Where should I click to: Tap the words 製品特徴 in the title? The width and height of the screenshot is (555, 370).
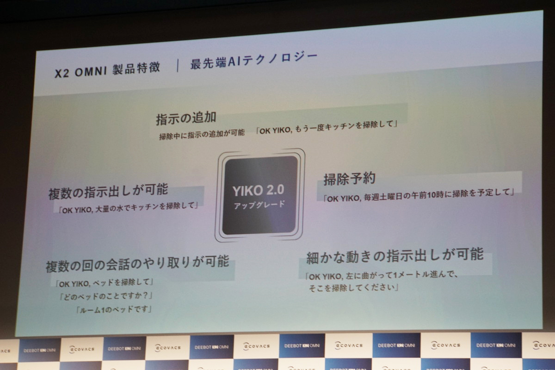pyautogui.click(x=136, y=68)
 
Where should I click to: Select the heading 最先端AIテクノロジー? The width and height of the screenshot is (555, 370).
pyautogui.click(x=254, y=61)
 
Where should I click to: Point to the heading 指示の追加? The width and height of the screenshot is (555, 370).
pyautogui.click(x=186, y=118)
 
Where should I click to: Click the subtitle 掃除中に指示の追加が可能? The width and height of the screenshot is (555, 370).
pyautogui.click(x=202, y=135)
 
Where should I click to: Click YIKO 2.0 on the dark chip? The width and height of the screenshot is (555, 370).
pyautogui.click(x=258, y=191)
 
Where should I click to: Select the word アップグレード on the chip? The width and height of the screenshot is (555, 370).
pyautogui.click(x=259, y=205)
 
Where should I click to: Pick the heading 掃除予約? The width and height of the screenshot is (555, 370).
pyautogui.click(x=350, y=179)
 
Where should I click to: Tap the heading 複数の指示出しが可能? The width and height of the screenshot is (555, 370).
pyautogui.click(x=108, y=191)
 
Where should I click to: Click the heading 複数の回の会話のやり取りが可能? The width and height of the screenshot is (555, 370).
pyautogui.click(x=137, y=264)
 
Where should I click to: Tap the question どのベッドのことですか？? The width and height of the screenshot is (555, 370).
pyautogui.click(x=106, y=296)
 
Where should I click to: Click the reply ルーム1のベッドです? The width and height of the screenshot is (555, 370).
pyautogui.click(x=114, y=309)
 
